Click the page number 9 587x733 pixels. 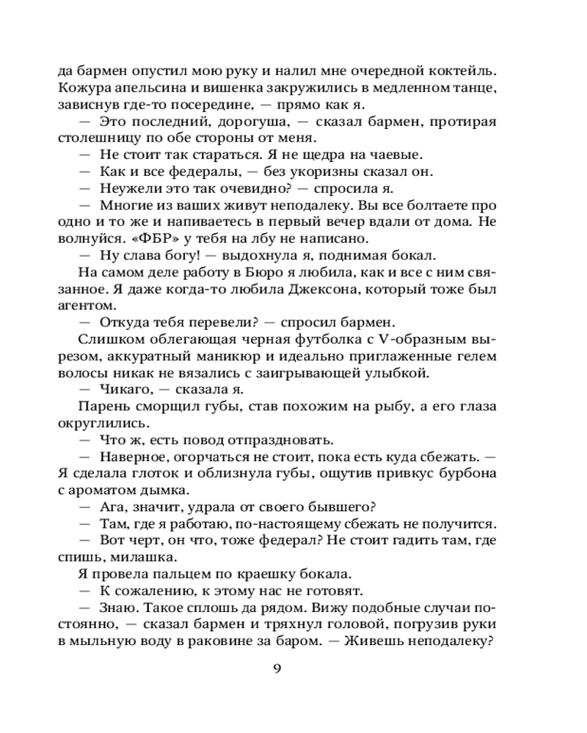pyautogui.click(x=277, y=668)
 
